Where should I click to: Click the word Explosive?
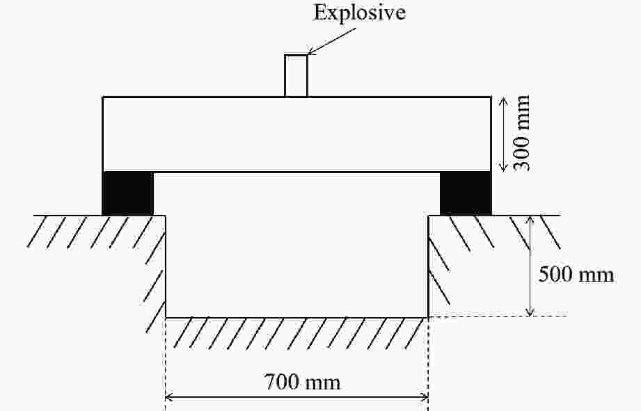[x=359, y=13]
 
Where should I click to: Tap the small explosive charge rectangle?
[x=296, y=76]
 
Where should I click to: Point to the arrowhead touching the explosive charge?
[x=310, y=51]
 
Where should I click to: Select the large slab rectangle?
[x=296, y=134]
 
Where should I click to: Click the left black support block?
[x=127, y=193]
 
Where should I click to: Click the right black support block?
[x=466, y=193]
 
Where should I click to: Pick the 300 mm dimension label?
[x=521, y=134]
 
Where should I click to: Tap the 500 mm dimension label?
[x=576, y=274]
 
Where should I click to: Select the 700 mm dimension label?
[x=303, y=382]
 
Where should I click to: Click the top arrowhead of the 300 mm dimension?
[x=504, y=101]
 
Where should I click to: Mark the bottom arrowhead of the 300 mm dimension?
[x=504, y=168]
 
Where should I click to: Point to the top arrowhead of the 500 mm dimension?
[x=530, y=220]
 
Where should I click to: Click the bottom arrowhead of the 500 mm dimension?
[x=530, y=312]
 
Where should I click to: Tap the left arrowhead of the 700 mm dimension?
[x=168, y=396]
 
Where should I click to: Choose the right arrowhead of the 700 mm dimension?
[x=425, y=396]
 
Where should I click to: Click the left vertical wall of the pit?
[x=166, y=266]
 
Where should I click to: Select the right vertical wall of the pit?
[x=428, y=266]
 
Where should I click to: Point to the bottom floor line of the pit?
[x=296, y=317]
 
